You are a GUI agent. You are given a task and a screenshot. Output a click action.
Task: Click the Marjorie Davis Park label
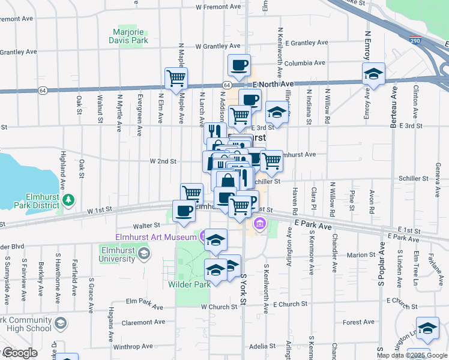point(131,36)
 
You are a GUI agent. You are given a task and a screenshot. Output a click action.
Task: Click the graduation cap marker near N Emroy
point(373,74)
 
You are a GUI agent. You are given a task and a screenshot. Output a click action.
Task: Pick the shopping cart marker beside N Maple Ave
point(176,77)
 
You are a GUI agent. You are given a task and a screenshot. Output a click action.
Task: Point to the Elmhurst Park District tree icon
point(70,199)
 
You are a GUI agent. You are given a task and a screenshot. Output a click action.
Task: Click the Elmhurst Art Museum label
point(157,237)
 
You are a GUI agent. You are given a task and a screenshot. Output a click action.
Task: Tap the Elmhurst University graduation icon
point(143,254)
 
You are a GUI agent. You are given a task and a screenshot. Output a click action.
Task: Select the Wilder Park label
point(190,284)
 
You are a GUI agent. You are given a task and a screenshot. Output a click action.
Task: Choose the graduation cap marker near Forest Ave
point(427,329)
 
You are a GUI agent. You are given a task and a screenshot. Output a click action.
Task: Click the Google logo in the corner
point(19,353)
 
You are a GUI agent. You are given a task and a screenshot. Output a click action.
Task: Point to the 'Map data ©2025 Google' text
point(412,355)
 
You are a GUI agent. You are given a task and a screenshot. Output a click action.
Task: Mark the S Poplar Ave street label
point(379,264)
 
